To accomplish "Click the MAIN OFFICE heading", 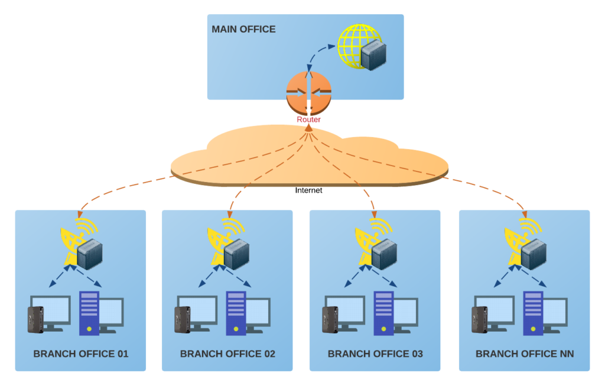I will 243,29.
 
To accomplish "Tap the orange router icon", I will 308,93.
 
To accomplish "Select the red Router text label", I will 308,119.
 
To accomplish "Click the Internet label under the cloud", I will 308,190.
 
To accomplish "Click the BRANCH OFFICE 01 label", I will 81,354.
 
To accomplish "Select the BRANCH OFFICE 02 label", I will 227,354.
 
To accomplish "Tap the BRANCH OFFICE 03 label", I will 375,354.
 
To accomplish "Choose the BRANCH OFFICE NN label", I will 525,354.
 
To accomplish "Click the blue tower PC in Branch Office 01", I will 89,312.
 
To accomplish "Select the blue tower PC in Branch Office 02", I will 236,312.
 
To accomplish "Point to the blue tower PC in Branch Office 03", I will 384,312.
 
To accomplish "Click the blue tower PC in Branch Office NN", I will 534,312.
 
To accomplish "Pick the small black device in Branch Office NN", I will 479,319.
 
